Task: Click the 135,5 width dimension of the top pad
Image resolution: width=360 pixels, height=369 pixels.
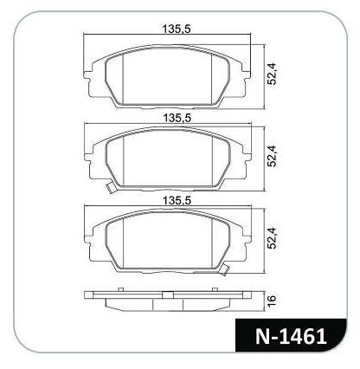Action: tap(177, 29)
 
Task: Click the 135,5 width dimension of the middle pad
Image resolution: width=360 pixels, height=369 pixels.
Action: tap(177, 118)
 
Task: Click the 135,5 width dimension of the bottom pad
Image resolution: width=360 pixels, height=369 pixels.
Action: tap(177, 200)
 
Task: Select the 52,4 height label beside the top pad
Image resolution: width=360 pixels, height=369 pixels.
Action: tap(272, 74)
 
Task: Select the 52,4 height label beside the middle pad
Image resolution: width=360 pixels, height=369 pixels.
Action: tap(272, 156)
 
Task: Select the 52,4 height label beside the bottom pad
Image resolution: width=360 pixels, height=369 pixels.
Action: tap(272, 238)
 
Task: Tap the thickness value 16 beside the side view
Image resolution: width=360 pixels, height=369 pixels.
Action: tap(272, 301)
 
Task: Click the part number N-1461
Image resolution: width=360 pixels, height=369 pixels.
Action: tap(291, 337)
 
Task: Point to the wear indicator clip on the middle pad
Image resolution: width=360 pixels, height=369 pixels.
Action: tap(110, 188)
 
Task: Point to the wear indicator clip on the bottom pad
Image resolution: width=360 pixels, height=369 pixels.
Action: tap(224, 269)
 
